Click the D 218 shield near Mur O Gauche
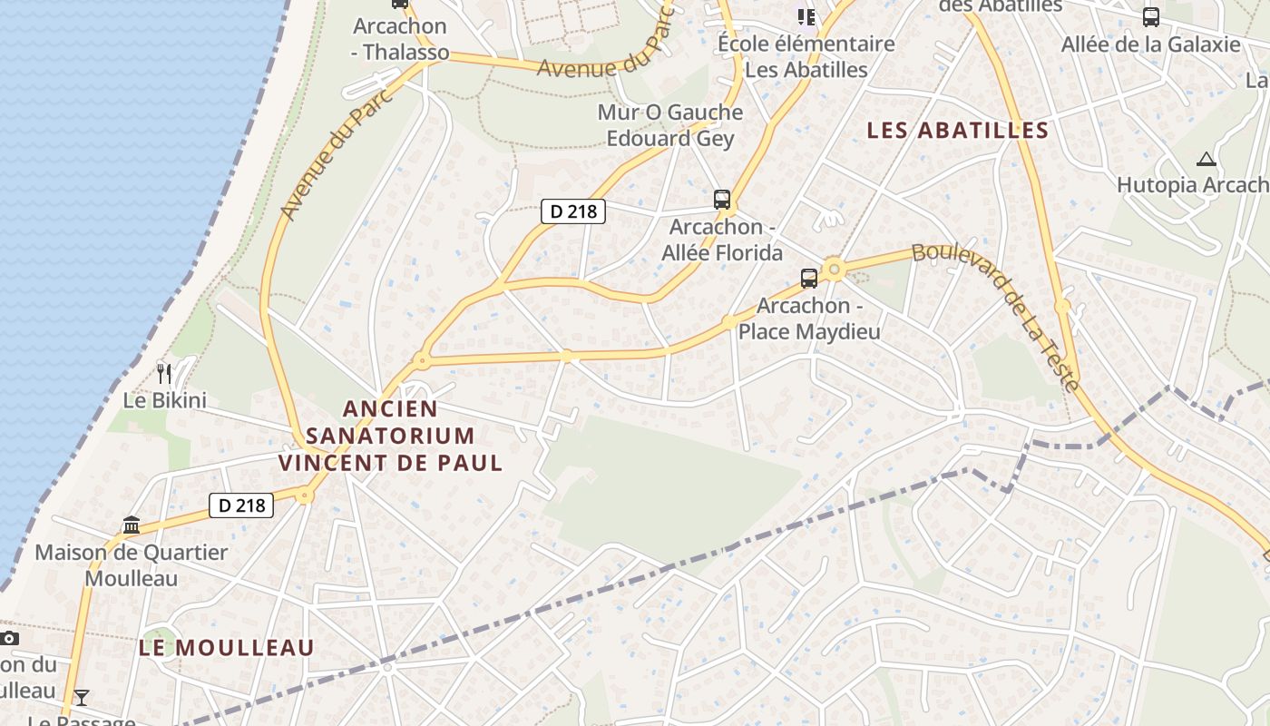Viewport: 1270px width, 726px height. coord(573,211)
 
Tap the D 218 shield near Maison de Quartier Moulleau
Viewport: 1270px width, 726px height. coord(241,505)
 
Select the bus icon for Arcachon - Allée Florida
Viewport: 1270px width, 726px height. coord(722,200)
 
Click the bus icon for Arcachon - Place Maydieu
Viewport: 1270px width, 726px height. coord(808,279)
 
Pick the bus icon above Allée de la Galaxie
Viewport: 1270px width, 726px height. coord(1150,17)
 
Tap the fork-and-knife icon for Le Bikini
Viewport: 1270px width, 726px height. coord(164,373)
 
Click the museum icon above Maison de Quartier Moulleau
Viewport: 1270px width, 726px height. coord(132,525)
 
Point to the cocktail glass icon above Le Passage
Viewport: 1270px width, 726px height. coord(82,697)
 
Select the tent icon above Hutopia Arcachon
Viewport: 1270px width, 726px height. coord(1206,160)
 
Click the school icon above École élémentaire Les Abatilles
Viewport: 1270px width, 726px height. coord(806,16)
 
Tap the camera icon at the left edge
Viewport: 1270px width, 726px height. coord(9,638)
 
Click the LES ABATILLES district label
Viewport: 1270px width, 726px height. coord(957,131)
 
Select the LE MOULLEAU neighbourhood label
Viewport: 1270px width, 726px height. coord(227,648)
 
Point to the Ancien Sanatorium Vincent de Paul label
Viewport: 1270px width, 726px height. coord(390,436)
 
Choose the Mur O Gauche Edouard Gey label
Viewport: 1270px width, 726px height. coord(669,125)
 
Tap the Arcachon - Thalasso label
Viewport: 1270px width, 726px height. coord(400,39)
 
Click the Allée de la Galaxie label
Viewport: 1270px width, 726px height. coord(1150,44)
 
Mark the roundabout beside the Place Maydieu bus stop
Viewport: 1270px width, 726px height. coord(834,269)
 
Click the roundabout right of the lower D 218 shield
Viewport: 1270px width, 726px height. coord(304,495)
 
